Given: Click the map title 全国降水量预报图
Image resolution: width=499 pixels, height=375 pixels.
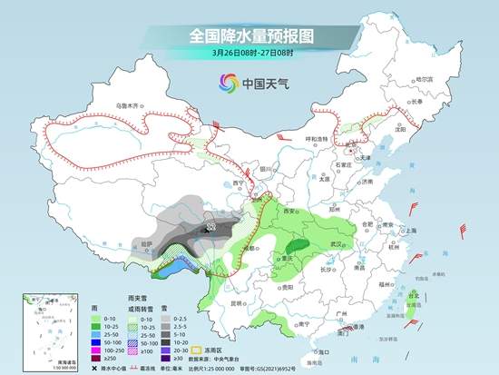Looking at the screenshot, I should coord(249,36).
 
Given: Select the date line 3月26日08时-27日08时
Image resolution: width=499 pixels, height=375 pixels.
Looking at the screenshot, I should coord(249,54).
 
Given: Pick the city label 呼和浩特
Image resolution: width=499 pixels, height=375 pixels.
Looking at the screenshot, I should coord(318,139).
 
